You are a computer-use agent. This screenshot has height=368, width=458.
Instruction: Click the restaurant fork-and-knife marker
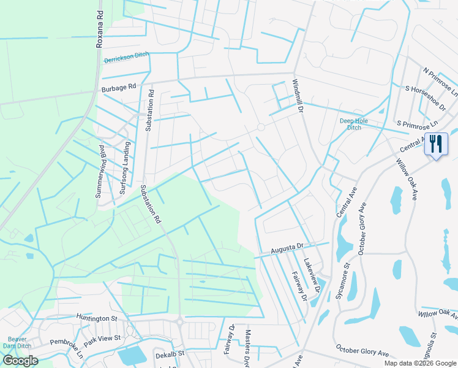tap(435, 145)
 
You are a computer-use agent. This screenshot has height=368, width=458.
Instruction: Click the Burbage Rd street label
tap(119, 88)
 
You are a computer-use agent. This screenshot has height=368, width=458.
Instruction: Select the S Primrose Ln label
tap(418, 124)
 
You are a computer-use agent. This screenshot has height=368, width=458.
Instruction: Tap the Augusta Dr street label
tap(287, 248)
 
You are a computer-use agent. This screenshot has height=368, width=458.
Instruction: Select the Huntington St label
tap(97, 318)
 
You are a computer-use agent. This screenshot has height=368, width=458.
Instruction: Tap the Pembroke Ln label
tap(66, 348)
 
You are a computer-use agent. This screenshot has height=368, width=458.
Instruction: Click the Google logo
tap(20, 360)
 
